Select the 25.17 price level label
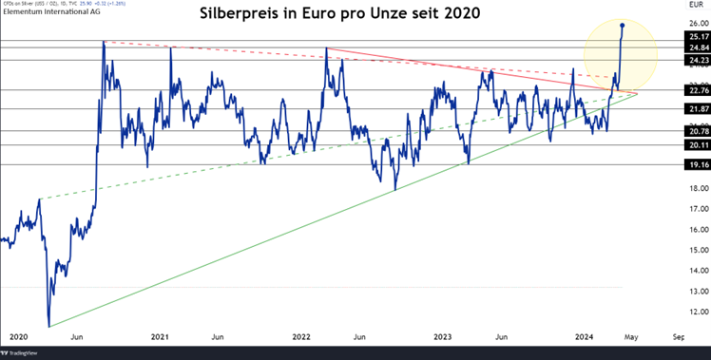click(699, 37)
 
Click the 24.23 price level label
click(699, 61)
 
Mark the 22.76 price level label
click(699, 90)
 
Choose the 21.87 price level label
click(699, 109)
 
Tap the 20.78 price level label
click(699, 132)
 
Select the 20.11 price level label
click(699, 145)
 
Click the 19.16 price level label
click(699, 164)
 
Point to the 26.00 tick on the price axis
click(699, 25)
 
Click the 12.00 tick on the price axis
click(699, 312)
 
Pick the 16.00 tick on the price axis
click(699, 230)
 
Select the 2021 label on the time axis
click(161, 336)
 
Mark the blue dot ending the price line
click(623, 26)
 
